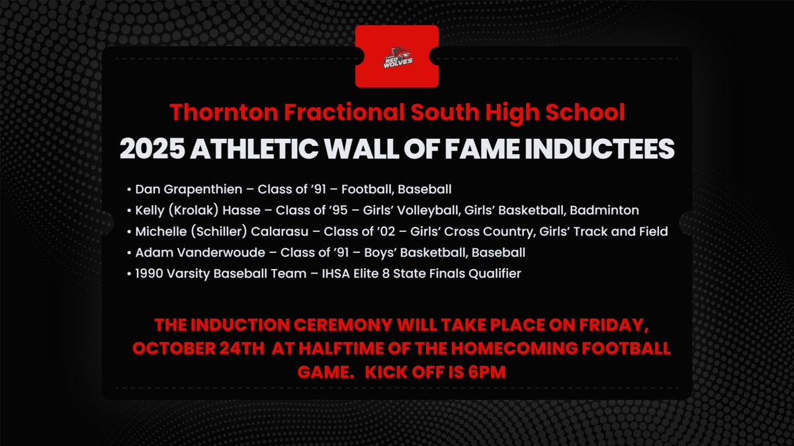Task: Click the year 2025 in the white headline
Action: click(x=152, y=149)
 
